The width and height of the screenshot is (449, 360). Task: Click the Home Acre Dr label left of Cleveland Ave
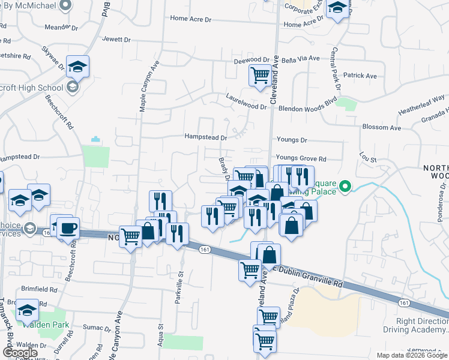191,19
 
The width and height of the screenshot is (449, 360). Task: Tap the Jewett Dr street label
116,40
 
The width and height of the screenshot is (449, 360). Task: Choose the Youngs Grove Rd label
301,159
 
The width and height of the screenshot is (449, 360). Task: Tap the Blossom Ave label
381,128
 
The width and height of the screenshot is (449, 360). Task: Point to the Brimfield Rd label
38,289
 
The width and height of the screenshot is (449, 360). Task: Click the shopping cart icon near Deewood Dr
259,76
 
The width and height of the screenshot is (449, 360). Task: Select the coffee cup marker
68,228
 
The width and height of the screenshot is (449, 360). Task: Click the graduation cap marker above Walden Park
27,310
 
